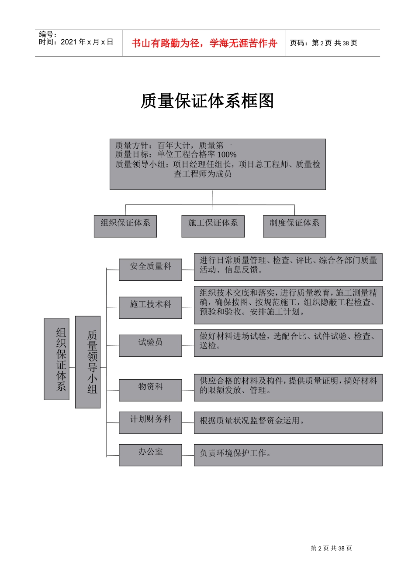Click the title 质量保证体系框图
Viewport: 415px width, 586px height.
[207, 101]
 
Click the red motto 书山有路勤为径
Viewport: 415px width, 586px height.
[204, 43]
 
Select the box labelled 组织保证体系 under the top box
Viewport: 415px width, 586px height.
[125, 226]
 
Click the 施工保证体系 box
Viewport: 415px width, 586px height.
[213, 226]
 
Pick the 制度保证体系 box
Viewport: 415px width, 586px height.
[294, 226]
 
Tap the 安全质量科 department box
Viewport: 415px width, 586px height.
[150, 269]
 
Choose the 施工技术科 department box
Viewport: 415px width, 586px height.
[150, 307]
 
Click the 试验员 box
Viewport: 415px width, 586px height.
[150, 345]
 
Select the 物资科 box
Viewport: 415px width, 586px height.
[150, 390]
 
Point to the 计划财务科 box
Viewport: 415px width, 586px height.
[150, 422]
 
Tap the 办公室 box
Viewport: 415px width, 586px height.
[150, 455]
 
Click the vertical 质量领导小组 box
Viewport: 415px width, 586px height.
[88, 362]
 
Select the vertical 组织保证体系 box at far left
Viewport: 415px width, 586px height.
[57, 359]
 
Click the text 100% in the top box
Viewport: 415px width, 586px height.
[227, 155]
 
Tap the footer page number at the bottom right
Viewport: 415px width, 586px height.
[331, 549]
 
